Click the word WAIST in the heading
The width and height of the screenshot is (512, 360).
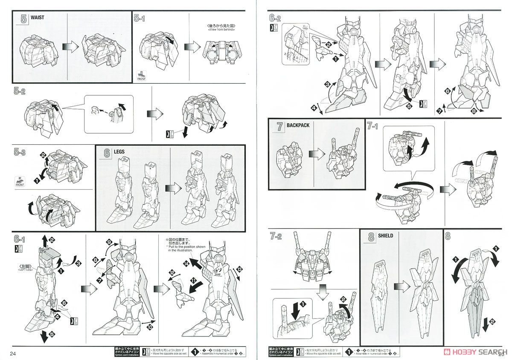tap(37, 18)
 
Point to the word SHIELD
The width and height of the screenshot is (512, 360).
tap(385, 235)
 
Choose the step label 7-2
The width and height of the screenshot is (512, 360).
tap(275, 235)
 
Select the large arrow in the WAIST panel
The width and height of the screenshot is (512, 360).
tap(69, 46)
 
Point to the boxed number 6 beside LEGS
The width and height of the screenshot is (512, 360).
tap(106, 152)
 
